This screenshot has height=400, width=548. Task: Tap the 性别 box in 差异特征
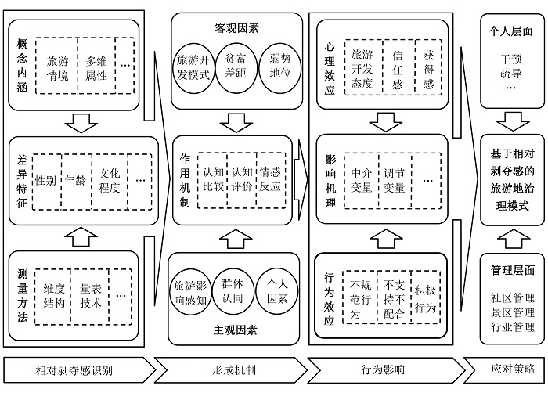click(45, 180)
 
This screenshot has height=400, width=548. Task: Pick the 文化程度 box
click(109, 180)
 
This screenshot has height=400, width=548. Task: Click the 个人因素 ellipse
click(279, 290)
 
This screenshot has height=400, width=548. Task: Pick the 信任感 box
click(398, 69)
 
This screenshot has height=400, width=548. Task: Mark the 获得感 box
click(428, 69)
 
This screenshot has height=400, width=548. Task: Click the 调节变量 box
click(395, 179)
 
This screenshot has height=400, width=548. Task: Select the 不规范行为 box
click(360, 291)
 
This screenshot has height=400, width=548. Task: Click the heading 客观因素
click(237, 28)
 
